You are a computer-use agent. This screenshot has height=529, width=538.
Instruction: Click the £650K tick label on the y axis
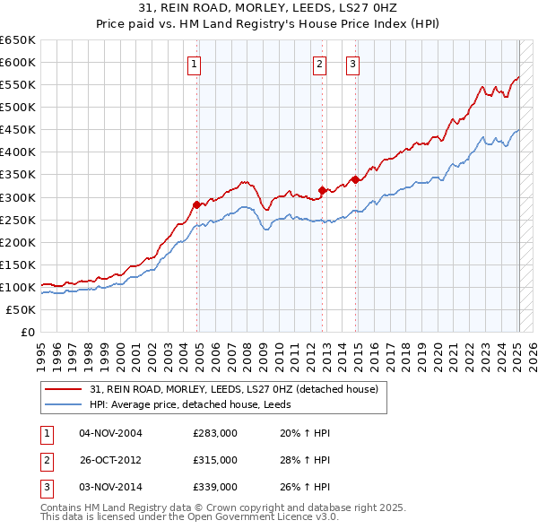(17, 40)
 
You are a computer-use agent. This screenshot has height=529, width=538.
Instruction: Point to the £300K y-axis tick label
(17, 197)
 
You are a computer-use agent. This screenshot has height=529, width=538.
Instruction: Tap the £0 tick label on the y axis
(27, 332)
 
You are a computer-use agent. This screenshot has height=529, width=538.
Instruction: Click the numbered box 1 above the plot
(195, 63)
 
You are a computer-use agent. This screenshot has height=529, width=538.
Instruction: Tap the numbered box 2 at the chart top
(319, 63)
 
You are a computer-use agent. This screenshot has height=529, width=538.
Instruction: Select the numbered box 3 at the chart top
(352, 63)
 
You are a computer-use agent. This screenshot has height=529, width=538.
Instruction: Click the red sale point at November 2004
(197, 204)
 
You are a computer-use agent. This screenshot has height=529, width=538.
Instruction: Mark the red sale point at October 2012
(322, 190)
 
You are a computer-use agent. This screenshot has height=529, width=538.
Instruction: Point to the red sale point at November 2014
(355, 179)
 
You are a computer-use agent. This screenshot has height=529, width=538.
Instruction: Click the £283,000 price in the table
(215, 433)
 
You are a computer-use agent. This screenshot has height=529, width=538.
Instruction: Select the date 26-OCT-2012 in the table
(110, 460)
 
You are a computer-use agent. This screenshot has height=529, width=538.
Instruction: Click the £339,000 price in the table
(215, 487)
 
